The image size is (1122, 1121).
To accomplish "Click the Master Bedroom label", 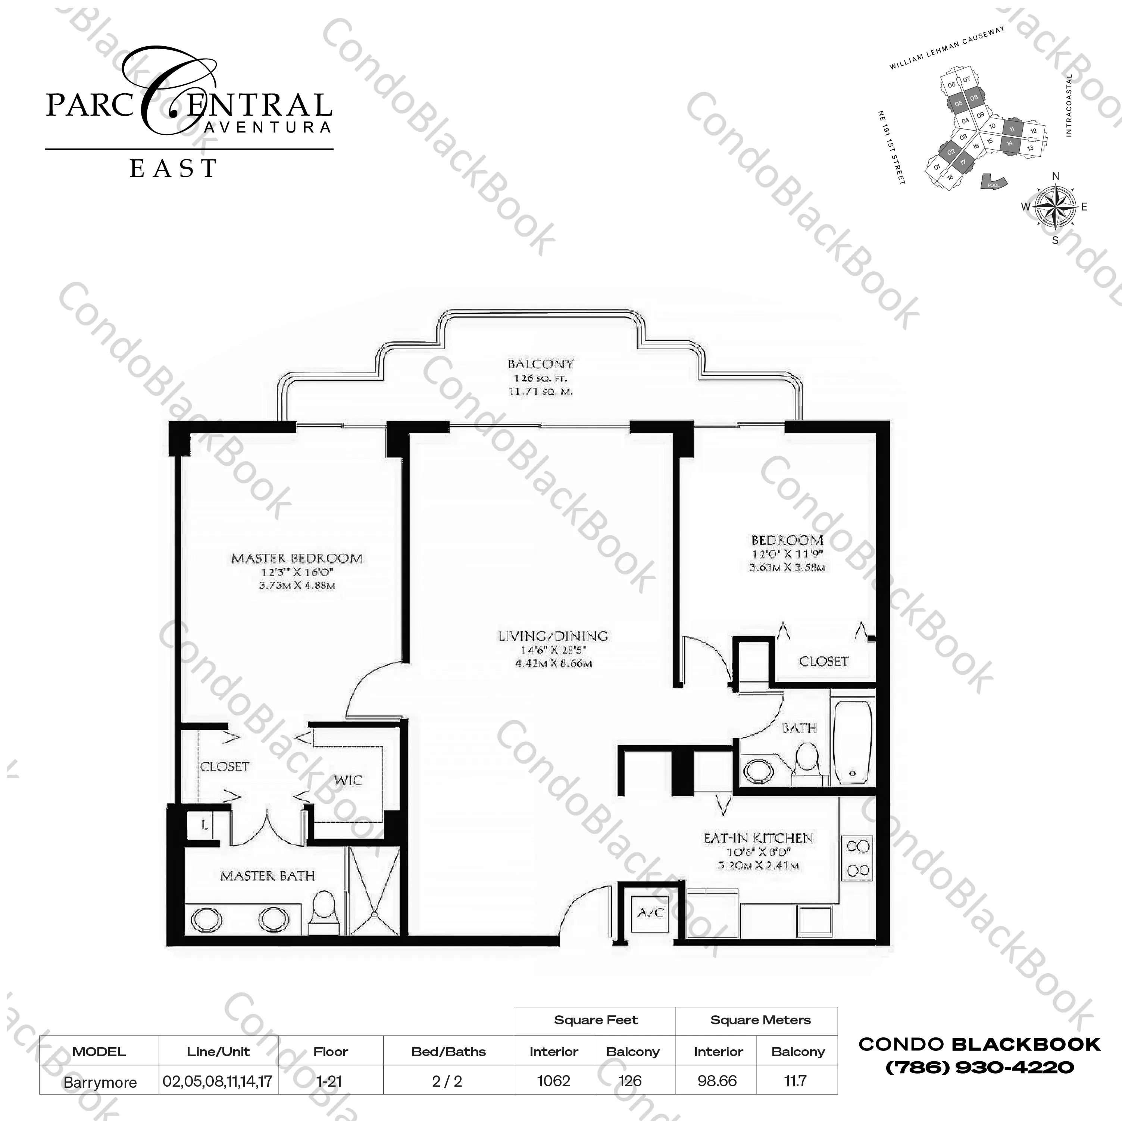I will click(297, 559).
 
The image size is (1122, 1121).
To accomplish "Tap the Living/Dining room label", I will click(553, 636).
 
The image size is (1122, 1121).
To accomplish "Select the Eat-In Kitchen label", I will click(758, 838).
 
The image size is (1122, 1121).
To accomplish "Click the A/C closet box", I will click(650, 913).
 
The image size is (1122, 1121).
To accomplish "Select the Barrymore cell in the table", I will click(100, 1082).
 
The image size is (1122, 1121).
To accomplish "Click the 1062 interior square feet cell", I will click(553, 1081).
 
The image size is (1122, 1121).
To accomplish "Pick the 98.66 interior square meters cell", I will click(717, 1081).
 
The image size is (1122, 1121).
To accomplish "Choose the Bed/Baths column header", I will click(449, 1051).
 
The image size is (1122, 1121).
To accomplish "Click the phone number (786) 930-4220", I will click(979, 1067).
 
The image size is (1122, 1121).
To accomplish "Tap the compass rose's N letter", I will click(1056, 177).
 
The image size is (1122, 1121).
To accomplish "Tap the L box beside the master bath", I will click(204, 825).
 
